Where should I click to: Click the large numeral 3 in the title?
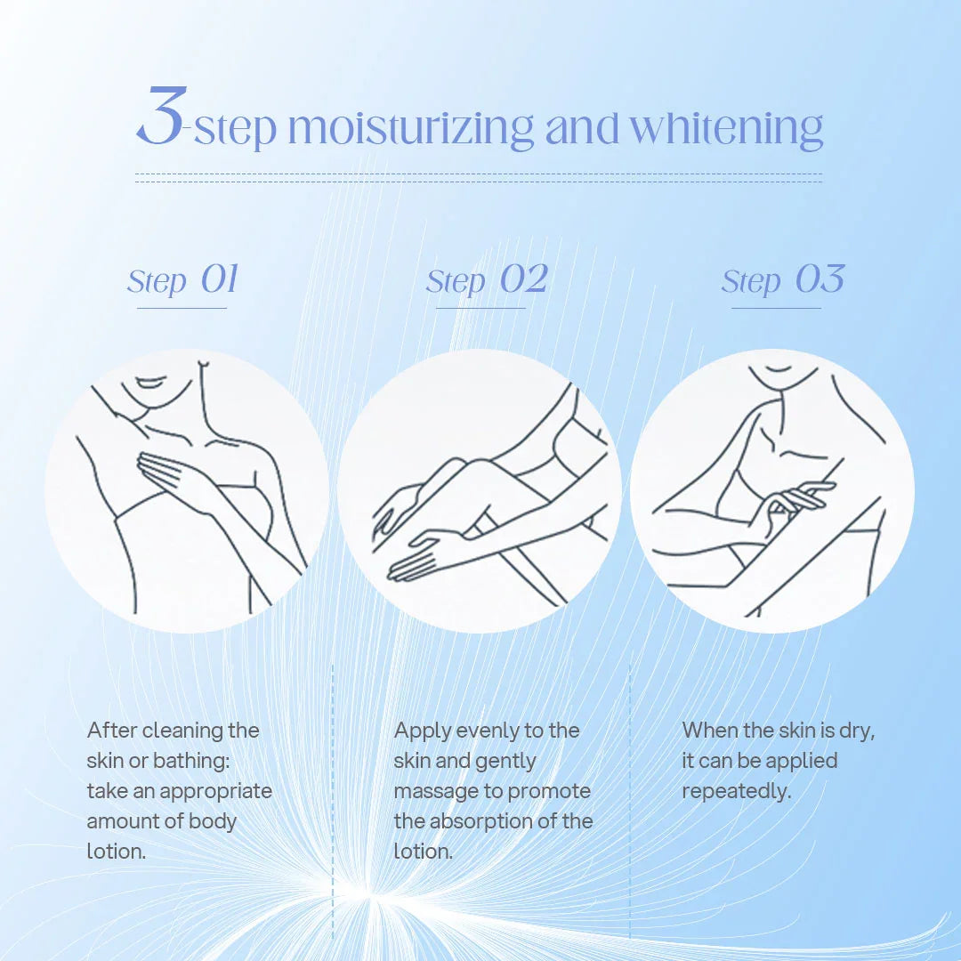pos(159,116)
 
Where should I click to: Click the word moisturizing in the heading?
pos(410,129)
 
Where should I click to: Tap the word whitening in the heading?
pos(726,129)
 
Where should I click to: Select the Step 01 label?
pos(182,279)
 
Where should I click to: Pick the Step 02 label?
pos(487,279)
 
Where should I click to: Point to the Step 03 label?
pos(783,279)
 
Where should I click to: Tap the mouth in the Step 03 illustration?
pos(779,369)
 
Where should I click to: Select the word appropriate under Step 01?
pos(215,792)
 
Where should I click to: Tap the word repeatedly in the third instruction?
pos(736,792)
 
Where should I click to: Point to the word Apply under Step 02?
pos(423,731)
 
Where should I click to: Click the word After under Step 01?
pos(111,730)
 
